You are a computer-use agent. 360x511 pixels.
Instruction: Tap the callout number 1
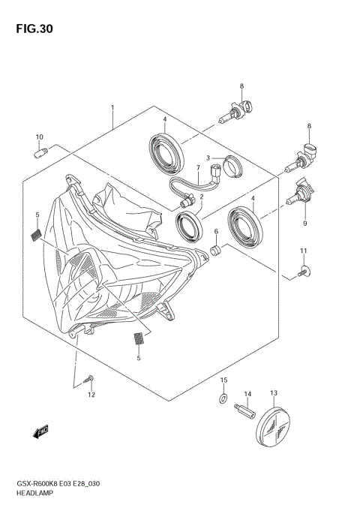(x=112, y=108)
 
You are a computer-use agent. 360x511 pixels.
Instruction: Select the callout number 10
(x=39, y=137)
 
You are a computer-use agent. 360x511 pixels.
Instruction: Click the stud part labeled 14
(x=244, y=413)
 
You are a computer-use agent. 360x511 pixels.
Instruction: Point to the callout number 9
(x=305, y=223)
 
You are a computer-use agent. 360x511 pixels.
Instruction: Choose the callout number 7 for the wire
(x=198, y=168)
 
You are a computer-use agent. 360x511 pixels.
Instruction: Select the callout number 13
(x=274, y=393)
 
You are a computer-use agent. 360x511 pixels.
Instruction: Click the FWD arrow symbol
(x=40, y=431)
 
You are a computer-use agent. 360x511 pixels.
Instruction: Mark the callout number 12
(x=91, y=394)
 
